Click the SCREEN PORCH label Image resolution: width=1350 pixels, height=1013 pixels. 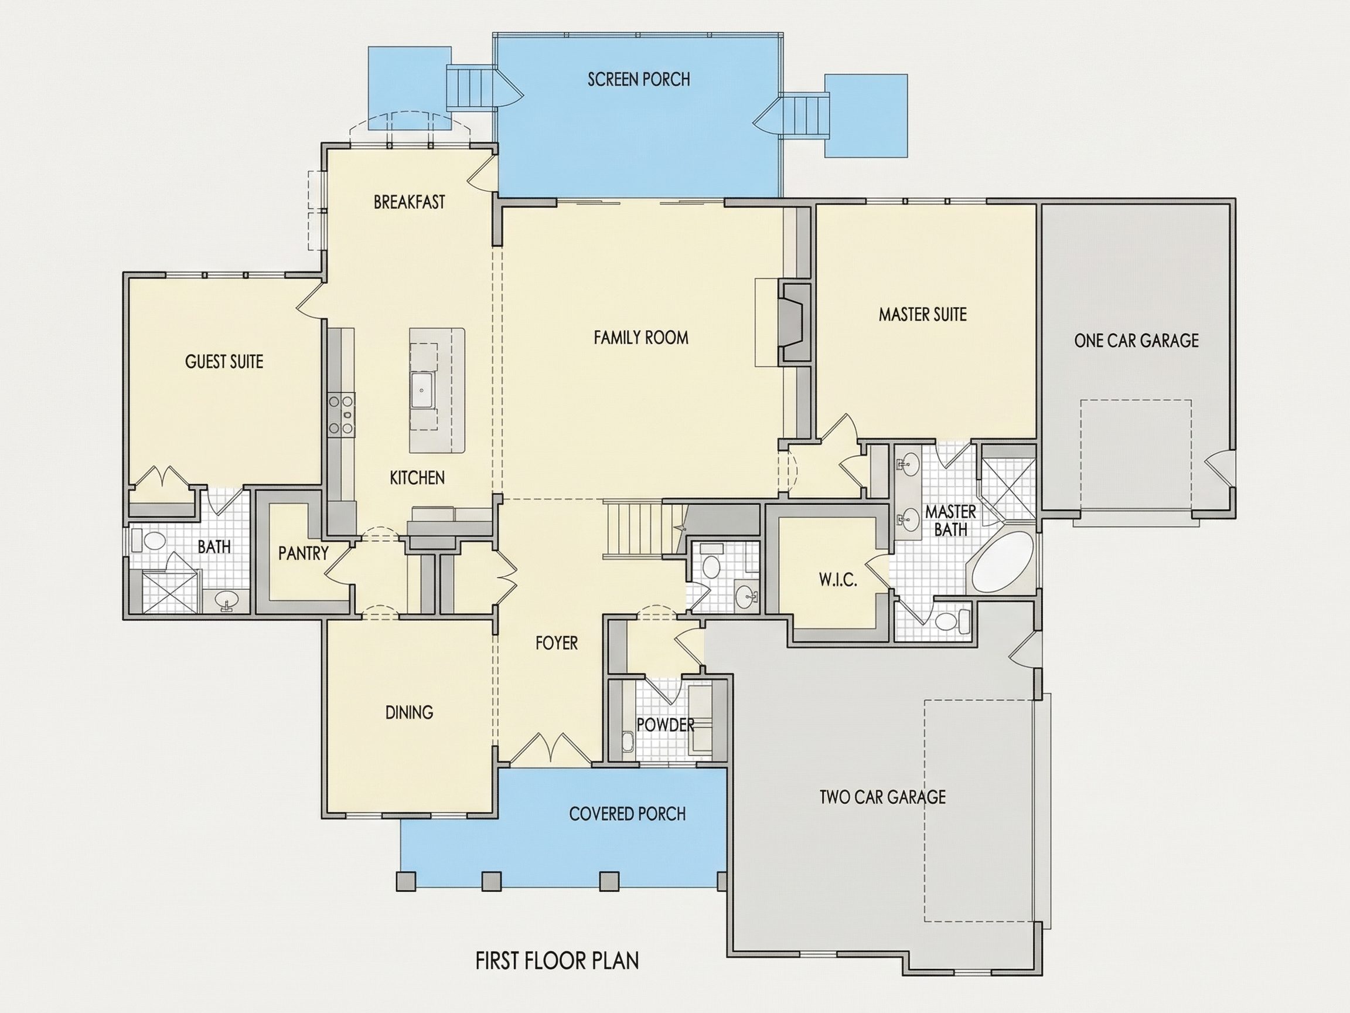639,79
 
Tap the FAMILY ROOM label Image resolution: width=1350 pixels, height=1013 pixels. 641,338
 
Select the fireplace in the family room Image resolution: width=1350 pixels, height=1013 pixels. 794,322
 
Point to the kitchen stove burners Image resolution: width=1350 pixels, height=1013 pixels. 340,414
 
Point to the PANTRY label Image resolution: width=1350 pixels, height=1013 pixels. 304,553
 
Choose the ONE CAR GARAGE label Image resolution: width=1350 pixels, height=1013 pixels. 1136,340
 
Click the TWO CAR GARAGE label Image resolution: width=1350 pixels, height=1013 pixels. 882,797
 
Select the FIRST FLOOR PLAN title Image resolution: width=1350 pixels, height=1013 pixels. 557,960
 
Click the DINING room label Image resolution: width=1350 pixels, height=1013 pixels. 409,712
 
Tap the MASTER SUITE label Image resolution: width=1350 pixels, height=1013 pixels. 923,314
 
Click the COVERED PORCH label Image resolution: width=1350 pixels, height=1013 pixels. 628,814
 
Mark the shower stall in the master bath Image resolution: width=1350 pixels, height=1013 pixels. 1008,489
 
